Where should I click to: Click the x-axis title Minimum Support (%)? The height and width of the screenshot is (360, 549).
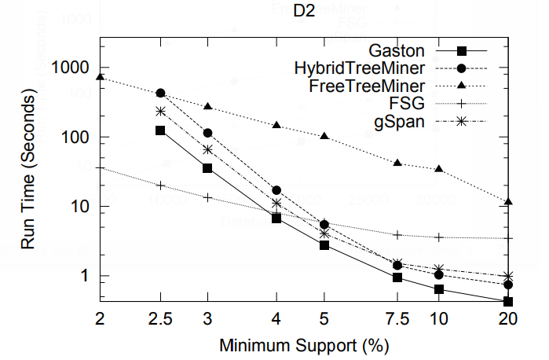305,344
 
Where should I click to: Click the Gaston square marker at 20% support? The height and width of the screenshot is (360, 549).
508,302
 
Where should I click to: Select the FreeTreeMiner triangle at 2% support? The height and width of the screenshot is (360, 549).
101,77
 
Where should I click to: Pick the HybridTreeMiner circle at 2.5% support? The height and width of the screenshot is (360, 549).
160,93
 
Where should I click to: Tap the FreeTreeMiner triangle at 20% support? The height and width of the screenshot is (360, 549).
508,202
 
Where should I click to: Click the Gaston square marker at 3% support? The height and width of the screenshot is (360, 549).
207,168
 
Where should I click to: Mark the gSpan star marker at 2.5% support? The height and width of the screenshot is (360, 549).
160,112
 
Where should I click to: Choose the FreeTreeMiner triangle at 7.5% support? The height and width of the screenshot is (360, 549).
398,163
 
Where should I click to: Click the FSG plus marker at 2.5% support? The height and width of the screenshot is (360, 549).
160,186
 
